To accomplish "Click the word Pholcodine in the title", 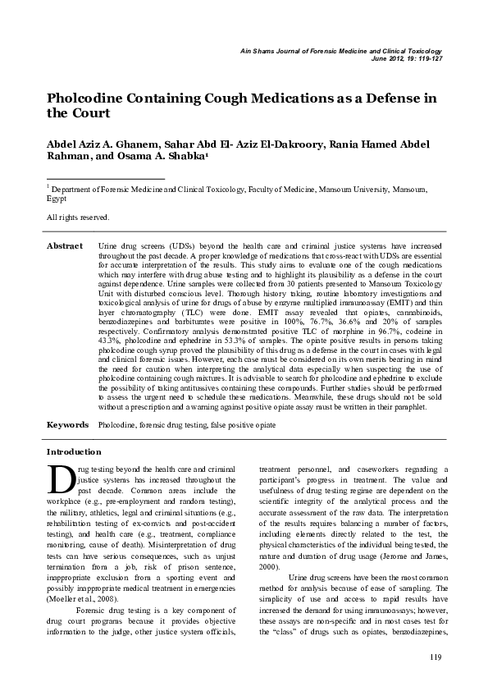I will (x=88, y=98).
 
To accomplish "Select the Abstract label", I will (x=65, y=246).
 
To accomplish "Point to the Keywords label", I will (x=67, y=425).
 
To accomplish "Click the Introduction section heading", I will (x=74, y=452).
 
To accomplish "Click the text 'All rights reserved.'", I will (x=78, y=217).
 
